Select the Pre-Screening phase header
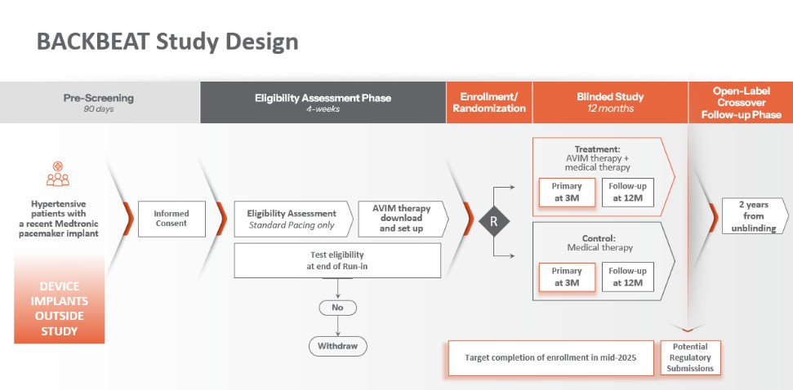pos(99,103)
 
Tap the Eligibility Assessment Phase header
pos(323,103)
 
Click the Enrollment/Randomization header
pos(488,103)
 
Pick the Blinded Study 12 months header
pos(610,103)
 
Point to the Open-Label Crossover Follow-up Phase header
pos(741,103)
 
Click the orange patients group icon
pos(58,175)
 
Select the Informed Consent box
pos(172,219)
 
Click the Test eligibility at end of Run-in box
pos(337,260)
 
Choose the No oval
pos(337,308)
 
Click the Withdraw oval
pos(337,346)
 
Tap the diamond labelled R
pos(493,219)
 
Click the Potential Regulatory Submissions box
pos(690,357)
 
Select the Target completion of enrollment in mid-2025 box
pos(552,358)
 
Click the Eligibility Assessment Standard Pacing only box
pos(292,219)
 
